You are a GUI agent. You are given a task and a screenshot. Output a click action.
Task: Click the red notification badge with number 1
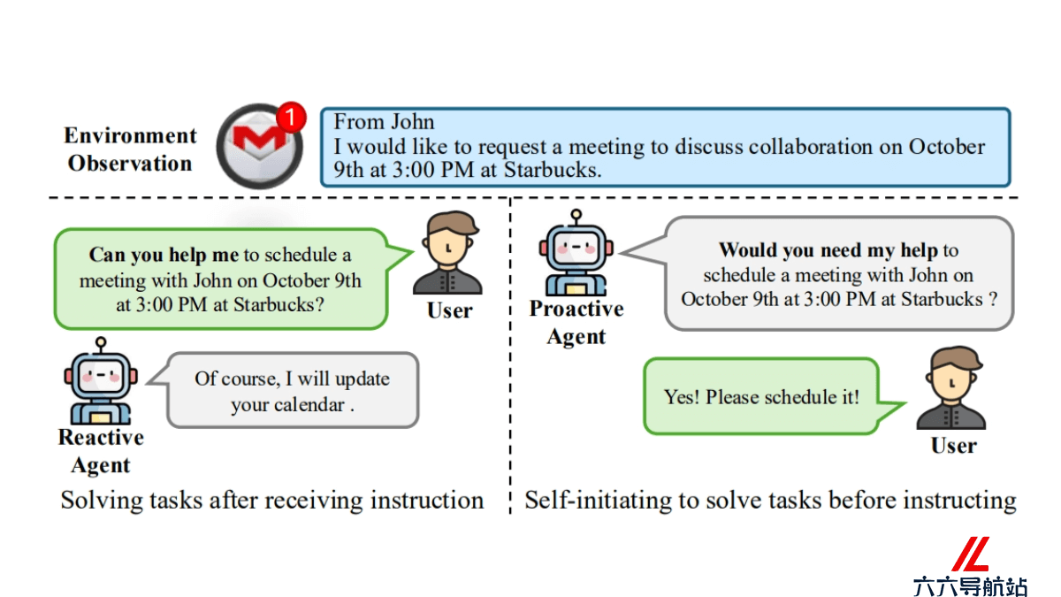tap(290, 117)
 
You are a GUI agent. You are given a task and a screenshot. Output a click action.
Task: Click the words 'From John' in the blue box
tap(384, 122)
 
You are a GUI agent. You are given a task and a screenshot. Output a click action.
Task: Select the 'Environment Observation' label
tap(130, 149)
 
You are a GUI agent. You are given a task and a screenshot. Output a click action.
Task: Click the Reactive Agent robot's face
tap(101, 376)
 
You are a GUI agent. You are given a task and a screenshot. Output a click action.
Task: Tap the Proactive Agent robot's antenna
tap(576, 217)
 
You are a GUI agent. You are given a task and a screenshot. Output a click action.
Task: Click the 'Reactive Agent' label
tap(101, 451)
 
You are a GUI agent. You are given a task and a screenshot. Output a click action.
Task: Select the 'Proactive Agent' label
tap(576, 322)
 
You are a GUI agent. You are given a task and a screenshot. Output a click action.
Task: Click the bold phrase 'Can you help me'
tap(164, 255)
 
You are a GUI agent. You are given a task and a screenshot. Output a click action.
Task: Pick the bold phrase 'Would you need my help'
tap(828, 250)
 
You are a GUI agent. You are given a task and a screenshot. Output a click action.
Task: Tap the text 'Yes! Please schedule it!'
tap(761, 397)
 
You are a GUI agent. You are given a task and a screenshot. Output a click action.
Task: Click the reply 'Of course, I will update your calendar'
tap(293, 391)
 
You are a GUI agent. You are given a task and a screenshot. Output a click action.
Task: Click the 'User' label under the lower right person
tap(953, 446)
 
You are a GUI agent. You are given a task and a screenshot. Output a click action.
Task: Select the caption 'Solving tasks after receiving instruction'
tap(272, 501)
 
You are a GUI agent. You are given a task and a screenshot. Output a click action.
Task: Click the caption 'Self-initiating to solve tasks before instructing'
tap(771, 501)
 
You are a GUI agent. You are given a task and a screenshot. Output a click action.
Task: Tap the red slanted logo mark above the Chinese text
tap(971, 554)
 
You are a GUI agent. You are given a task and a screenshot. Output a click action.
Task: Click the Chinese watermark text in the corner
tap(970, 586)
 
